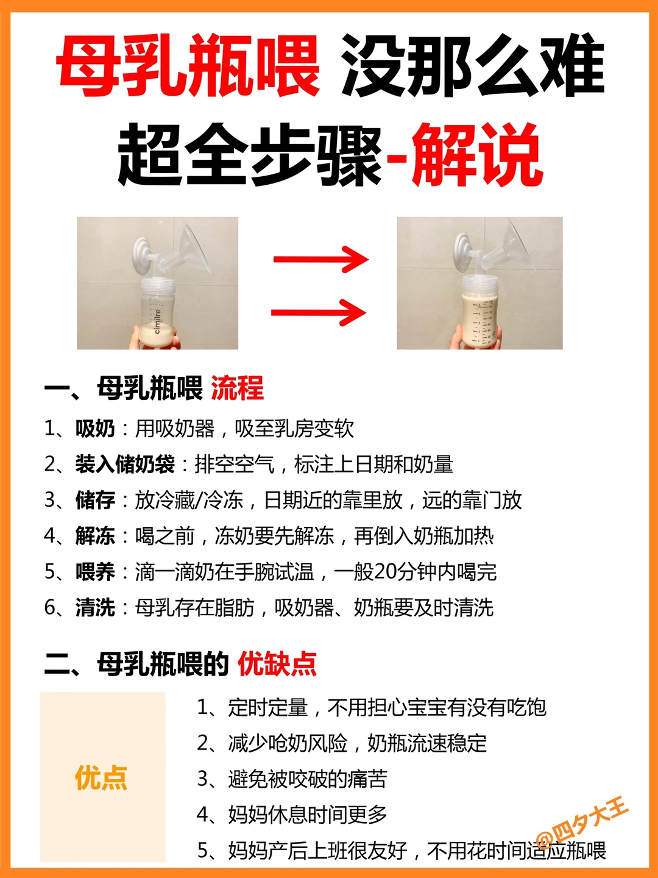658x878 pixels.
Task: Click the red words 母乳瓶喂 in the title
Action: coord(188,66)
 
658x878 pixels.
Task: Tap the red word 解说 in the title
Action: coord(478,155)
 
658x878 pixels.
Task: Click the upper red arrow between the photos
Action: coord(320,259)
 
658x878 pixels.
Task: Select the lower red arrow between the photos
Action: coord(318,313)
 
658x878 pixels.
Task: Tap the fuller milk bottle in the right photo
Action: coord(479,314)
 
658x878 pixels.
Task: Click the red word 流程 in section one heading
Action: coord(237,388)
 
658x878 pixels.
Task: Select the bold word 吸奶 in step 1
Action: coord(95,429)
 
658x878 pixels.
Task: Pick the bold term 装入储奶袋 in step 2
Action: coord(125,465)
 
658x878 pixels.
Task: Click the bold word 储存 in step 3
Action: coord(95,500)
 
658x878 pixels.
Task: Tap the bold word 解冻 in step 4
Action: coord(95,536)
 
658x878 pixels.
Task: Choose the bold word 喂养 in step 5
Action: coord(95,572)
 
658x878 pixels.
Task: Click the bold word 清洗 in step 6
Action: coord(95,607)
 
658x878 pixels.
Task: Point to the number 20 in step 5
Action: coord(385,572)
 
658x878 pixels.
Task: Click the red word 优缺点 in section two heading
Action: coord(277,664)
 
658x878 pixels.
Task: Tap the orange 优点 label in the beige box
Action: coord(101,779)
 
